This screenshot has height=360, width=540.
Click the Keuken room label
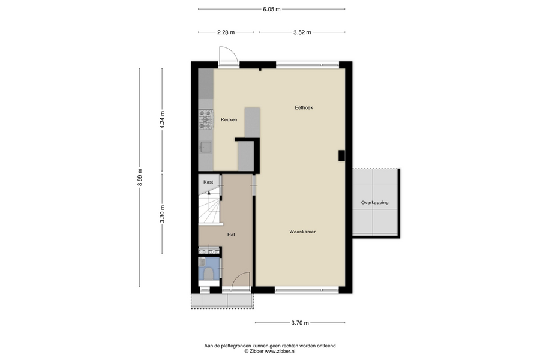point(229,120)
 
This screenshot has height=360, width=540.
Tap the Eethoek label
point(304,107)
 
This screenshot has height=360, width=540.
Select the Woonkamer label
point(302,232)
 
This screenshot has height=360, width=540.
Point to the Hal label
point(231,235)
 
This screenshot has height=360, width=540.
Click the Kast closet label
point(208,182)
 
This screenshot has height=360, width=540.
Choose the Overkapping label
point(374,203)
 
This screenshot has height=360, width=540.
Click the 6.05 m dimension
point(271,10)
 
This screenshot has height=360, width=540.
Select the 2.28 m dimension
point(226,32)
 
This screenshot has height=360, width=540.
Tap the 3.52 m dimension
point(302,32)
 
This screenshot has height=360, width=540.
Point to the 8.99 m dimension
point(139,178)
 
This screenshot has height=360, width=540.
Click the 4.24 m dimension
point(162,120)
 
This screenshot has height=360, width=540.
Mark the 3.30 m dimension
point(162,214)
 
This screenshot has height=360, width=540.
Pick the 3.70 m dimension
point(300,323)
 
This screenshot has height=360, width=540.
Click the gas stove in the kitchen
point(206,119)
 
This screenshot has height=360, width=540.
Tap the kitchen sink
point(206,147)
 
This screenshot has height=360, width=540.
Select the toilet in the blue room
point(208,274)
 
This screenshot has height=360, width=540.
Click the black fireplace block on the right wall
point(341,156)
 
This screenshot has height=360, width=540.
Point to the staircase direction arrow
point(209,194)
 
